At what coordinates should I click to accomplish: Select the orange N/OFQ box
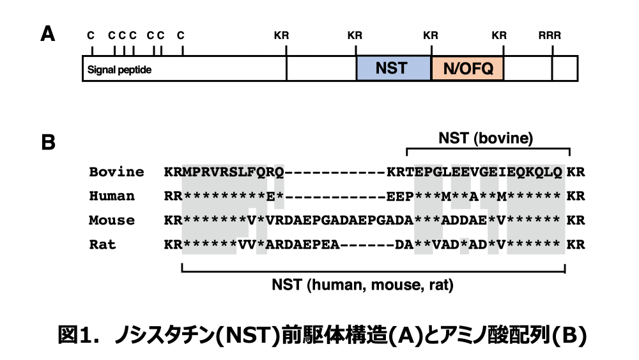coord(468,68)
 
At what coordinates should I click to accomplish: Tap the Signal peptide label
coord(119,69)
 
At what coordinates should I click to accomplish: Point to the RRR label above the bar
coord(550,36)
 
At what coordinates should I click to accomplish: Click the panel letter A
coord(47,34)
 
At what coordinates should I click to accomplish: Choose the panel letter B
coord(48,142)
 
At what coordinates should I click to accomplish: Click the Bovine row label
coord(116,172)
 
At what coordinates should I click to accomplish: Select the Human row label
coord(112,196)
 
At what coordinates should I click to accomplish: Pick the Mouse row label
coord(112,221)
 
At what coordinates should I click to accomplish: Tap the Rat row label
coord(102,245)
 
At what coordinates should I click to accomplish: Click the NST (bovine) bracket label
coord(486,137)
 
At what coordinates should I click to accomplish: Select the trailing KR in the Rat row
coord(576,245)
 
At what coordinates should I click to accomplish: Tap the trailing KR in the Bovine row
coord(576,172)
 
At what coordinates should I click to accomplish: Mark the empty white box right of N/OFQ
coord(528,68)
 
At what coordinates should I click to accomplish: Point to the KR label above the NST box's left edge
coord(355,36)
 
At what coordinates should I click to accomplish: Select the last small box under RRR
coord(565,68)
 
